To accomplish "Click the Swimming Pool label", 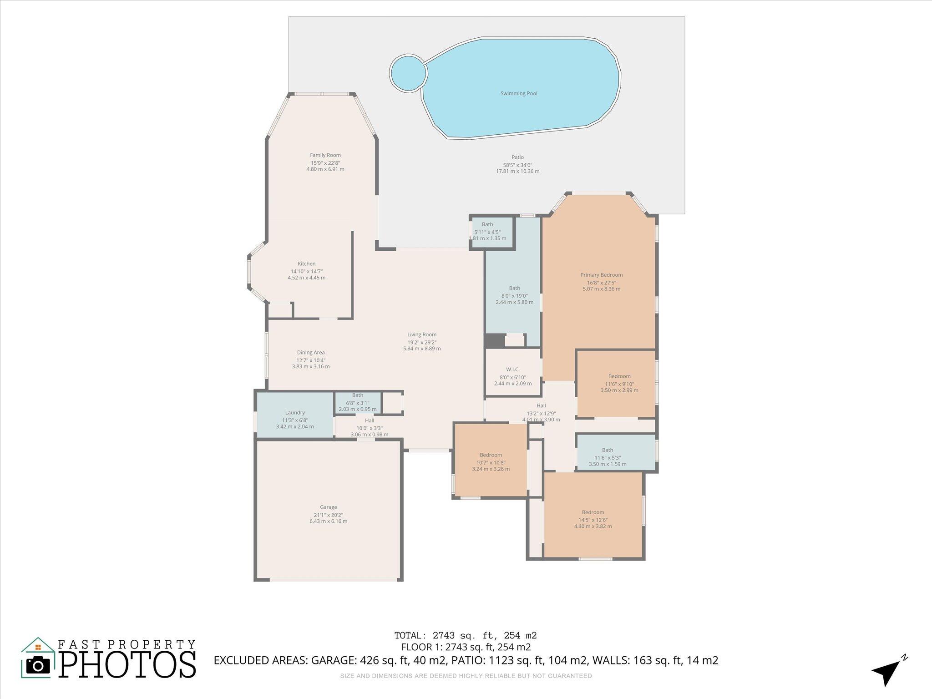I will pyautogui.click(x=519, y=93).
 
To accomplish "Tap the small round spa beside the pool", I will pyautogui.click(x=408, y=73).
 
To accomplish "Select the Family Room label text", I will pyautogui.click(x=325, y=155).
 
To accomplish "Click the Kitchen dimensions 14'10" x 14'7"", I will pyautogui.click(x=306, y=271).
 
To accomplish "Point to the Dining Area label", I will pyautogui.click(x=311, y=352).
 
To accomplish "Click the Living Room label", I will pyautogui.click(x=422, y=334).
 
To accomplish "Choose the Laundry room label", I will pyautogui.click(x=295, y=413).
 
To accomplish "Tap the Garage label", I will pyautogui.click(x=328, y=507).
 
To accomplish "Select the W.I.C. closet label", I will pyautogui.click(x=513, y=370).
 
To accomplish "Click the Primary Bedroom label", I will pyautogui.click(x=601, y=275).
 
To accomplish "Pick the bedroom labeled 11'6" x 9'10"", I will pyautogui.click(x=619, y=383).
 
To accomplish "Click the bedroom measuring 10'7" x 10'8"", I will pyautogui.click(x=491, y=462).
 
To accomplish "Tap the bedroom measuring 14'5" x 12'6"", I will pyautogui.click(x=593, y=519).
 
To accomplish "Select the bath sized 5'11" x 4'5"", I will pyautogui.click(x=487, y=231).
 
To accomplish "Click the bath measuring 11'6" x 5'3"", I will pyautogui.click(x=607, y=457).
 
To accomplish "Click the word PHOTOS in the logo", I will pyautogui.click(x=127, y=665).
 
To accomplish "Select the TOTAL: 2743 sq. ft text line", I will pyautogui.click(x=466, y=635).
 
